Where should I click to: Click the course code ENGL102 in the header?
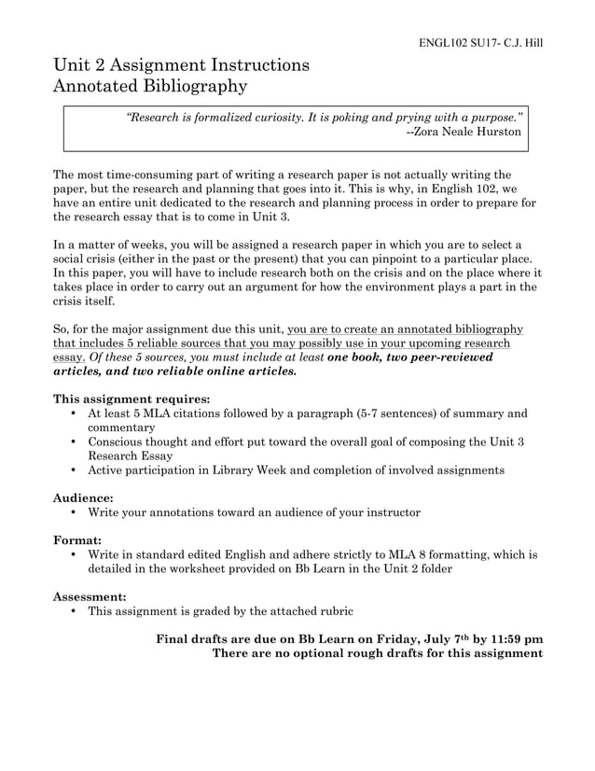tap(440, 43)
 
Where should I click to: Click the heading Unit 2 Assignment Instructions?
tap(181, 65)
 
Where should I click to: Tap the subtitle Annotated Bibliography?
tap(150, 88)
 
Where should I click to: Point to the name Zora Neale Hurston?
tap(474, 134)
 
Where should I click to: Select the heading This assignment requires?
tap(131, 398)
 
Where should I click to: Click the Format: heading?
tap(77, 540)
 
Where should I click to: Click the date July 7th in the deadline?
tap(431, 639)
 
